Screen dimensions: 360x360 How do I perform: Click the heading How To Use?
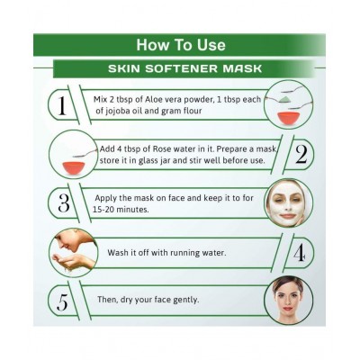click(x=181, y=45)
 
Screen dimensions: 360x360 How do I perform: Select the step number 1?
click(x=62, y=106)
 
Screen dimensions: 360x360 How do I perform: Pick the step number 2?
click(x=301, y=154)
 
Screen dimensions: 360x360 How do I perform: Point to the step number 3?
click(x=63, y=203)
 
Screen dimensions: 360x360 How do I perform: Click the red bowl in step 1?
click(x=290, y=117)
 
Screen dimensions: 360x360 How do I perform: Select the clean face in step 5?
click(x=287, y=301)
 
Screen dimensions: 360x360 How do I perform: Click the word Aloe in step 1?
click(x=153, y=99)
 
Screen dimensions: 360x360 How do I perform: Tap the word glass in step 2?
click(x=148, y=160)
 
